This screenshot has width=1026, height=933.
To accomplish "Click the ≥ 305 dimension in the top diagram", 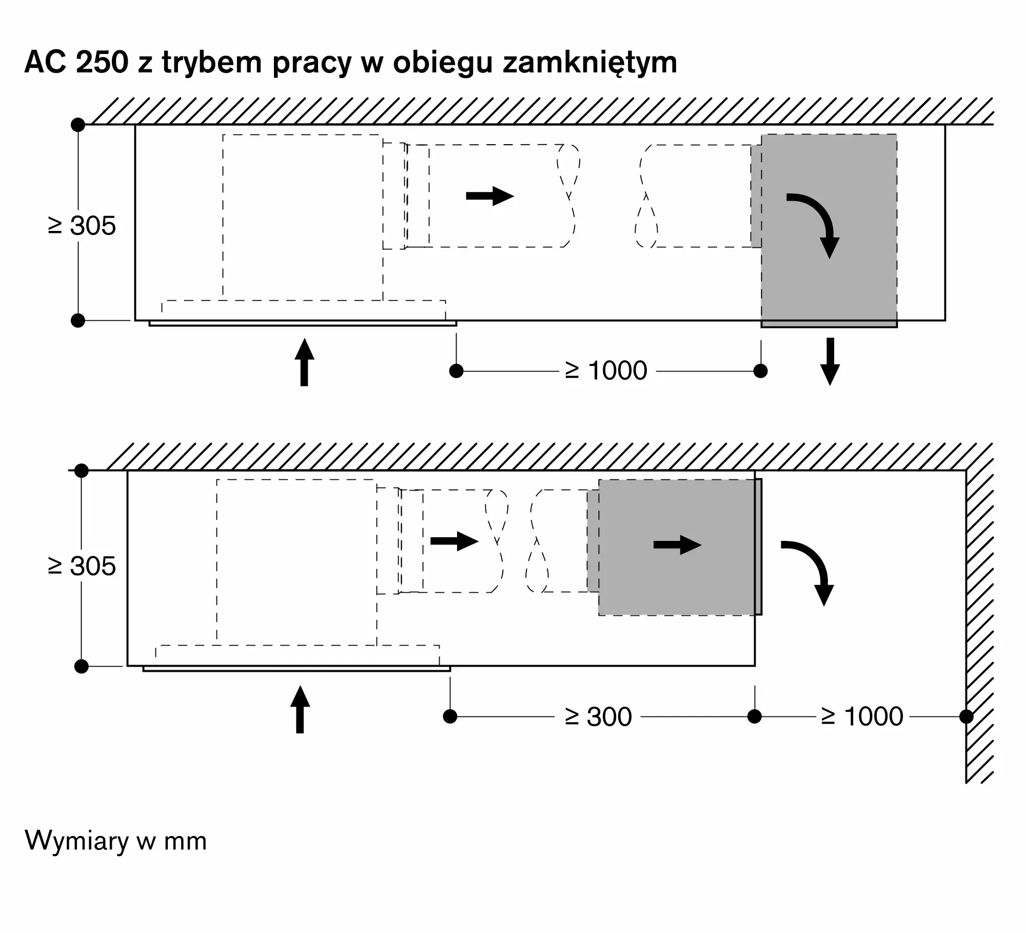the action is pos(82,225).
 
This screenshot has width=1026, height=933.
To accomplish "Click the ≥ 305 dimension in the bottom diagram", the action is pos(82,566).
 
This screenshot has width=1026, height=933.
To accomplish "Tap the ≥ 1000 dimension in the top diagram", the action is pos(606,370).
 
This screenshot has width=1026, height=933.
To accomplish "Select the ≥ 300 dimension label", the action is pos(598,716).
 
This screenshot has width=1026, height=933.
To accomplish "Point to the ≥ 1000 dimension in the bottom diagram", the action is pos(862,716).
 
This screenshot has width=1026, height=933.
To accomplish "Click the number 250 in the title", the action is pos(102,62).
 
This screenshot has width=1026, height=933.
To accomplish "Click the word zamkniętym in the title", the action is pos(590,63).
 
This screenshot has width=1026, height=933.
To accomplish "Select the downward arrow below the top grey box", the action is pos(830,361).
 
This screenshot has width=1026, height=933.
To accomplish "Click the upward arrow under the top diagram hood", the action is pos(304,362).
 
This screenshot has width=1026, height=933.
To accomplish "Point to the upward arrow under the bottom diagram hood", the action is pos(300,709).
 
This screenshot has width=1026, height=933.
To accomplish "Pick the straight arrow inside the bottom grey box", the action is pos(677,545).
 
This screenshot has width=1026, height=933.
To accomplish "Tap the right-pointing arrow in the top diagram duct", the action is pos(490,196).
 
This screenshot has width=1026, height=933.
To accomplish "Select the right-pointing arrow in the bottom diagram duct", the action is pos(455,541).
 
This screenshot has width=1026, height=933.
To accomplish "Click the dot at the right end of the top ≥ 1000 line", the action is pos(761,371).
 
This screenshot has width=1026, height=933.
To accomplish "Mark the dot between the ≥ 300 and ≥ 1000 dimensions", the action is pos(755,716).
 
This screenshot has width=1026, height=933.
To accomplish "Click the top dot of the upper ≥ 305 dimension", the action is pos(78,125).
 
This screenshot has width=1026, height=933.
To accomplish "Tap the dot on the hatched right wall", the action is pos(966,716).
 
